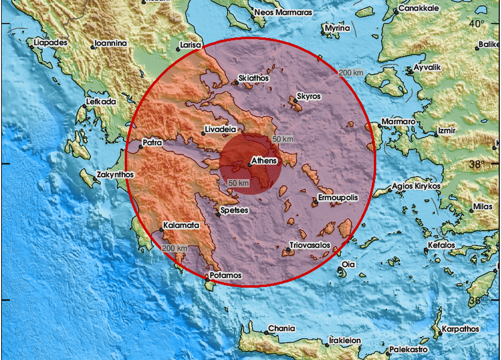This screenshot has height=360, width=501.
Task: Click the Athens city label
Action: [264, 161]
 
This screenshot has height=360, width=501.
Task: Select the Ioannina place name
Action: [110, 43]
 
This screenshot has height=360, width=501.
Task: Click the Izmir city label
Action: [447, 130]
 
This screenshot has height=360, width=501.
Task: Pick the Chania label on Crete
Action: [281, 328]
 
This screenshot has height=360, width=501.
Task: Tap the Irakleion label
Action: [345, 340]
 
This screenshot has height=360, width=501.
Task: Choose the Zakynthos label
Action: [116, 174]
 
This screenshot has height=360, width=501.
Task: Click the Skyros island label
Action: [309, 96]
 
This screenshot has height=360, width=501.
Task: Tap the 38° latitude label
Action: [477, 164]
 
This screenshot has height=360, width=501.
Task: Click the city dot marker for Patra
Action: [141, 147]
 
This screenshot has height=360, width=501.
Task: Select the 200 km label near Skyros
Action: [351, 72]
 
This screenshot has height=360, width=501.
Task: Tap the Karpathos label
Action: [460, 329]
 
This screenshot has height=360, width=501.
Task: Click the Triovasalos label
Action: [310, 245]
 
